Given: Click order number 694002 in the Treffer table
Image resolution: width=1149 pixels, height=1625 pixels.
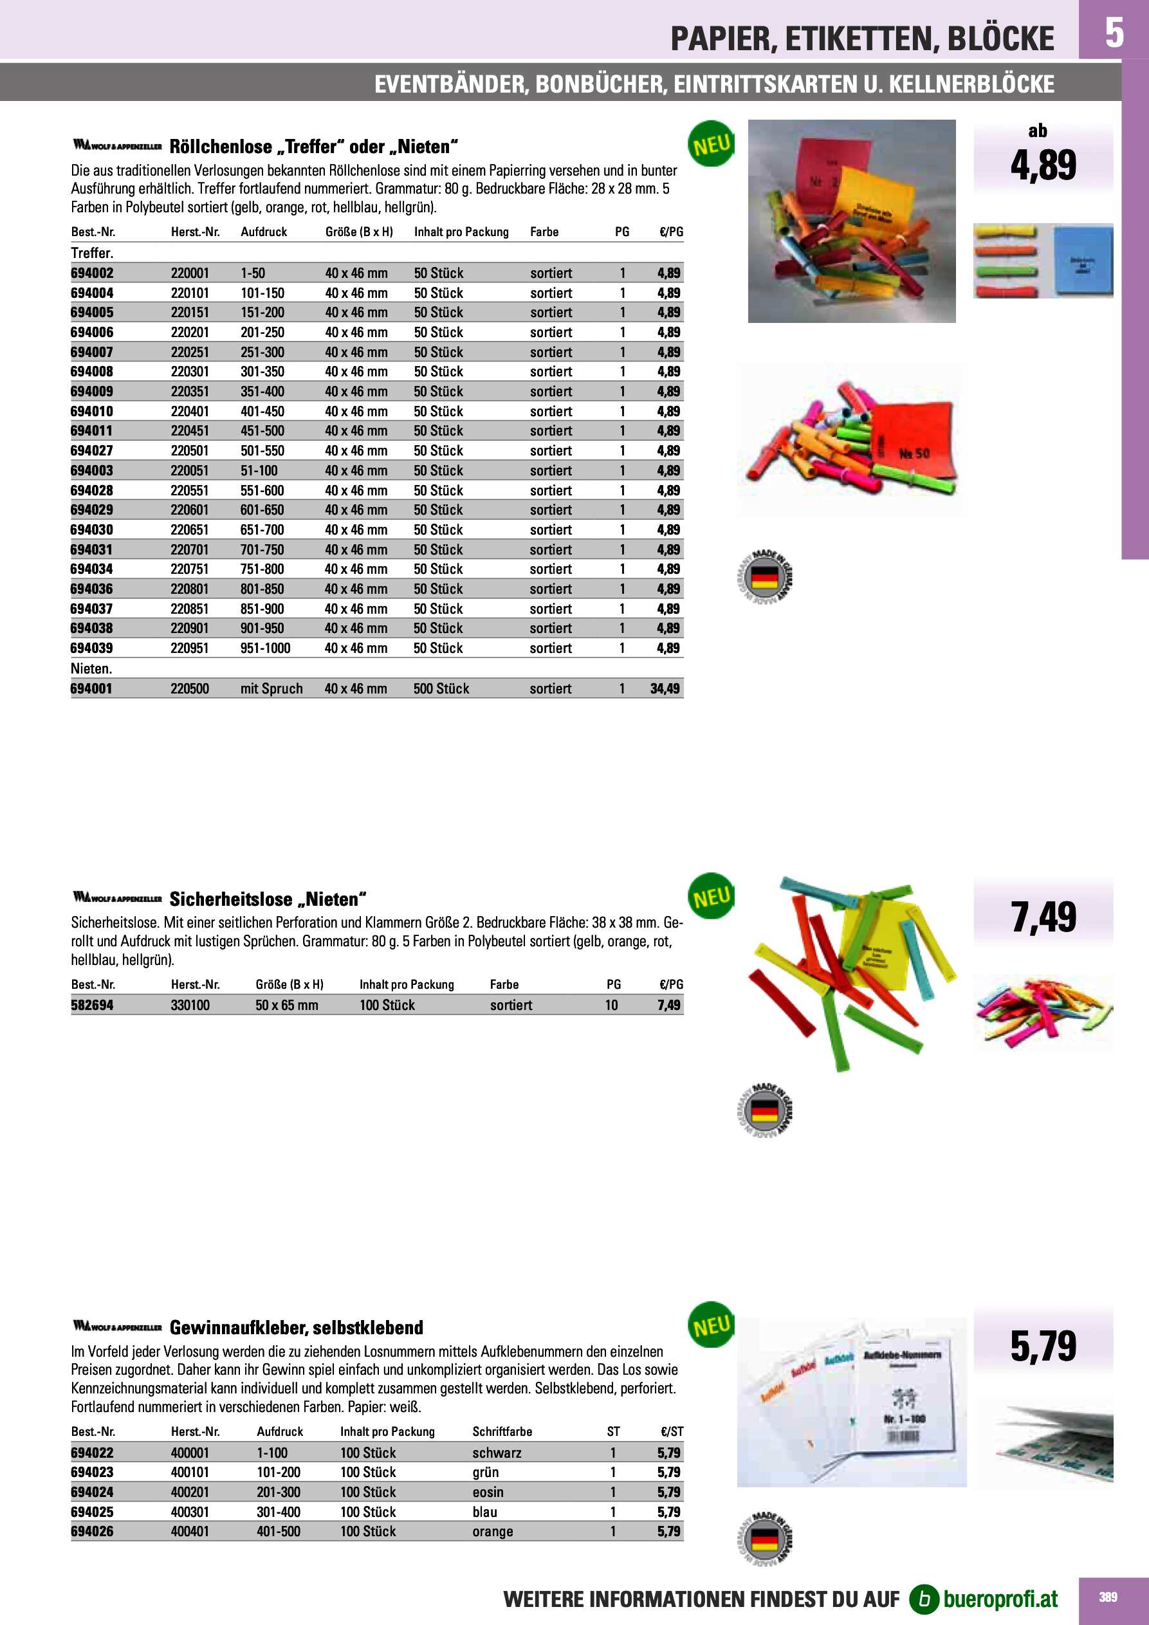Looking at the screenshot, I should (92, 273).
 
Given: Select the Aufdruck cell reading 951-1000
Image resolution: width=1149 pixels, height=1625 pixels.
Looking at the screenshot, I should (265, 648).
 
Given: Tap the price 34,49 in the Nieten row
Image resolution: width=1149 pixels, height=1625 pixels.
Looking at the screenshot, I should (665, 688).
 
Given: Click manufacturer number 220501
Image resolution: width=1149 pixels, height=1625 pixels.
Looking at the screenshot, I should (190, 451).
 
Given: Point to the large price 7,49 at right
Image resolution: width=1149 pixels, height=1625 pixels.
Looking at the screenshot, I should (1043, 918).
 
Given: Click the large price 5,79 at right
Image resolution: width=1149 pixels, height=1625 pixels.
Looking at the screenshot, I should (1043, 1346).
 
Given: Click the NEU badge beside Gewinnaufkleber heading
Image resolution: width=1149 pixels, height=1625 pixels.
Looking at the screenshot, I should (711, 1326).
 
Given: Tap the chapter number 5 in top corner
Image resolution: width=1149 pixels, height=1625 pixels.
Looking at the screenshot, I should (1114, 32).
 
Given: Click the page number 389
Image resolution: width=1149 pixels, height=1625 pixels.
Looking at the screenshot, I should (1108, 1597).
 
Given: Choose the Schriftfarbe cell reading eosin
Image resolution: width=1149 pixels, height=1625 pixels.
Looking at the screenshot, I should (488, 1492).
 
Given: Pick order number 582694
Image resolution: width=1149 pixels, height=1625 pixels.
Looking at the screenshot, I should (92, 1005).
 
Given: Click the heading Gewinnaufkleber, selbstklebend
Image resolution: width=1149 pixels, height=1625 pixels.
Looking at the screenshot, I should (296, 1328).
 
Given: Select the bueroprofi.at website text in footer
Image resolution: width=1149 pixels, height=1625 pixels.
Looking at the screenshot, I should (1000, 1599).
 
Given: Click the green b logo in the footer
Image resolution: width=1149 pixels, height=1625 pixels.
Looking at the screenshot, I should (923, 1599).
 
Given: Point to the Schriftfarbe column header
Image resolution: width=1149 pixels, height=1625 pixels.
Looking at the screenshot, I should (502, 1431).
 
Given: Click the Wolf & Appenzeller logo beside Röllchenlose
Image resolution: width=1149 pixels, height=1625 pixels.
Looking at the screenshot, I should (118, 146).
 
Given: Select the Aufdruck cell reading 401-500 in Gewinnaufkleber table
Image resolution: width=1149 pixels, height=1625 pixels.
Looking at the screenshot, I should (278, 1532).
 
